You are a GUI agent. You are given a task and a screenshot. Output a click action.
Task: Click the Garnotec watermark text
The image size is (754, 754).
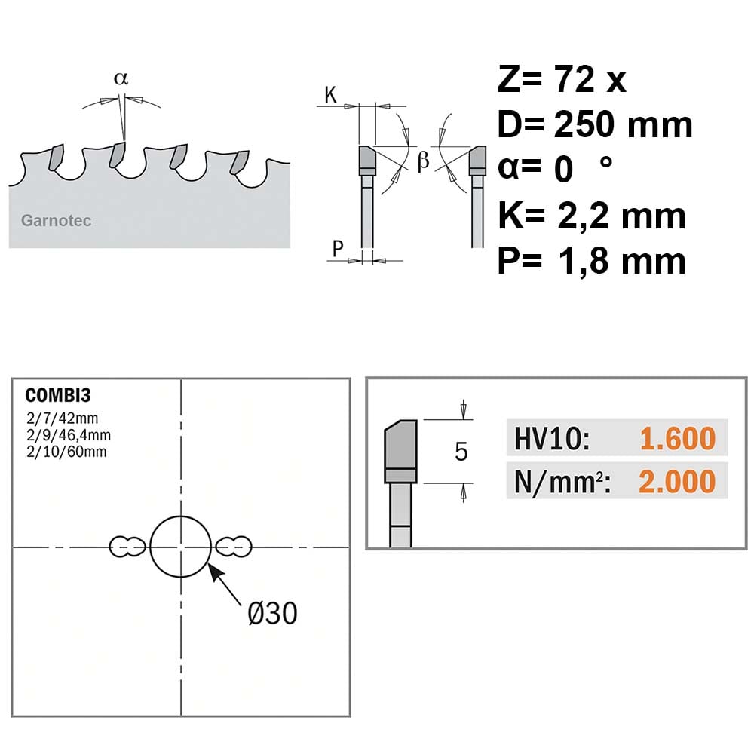[57, 221]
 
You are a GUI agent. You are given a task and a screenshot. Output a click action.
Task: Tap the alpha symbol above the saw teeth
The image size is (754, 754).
[121, 78]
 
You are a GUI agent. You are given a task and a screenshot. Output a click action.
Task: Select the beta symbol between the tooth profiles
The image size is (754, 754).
[423, 160]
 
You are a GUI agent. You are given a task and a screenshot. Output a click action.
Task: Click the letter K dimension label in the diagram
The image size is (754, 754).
[330, 95]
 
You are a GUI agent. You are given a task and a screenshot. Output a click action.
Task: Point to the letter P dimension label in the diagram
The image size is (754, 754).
[338, 248]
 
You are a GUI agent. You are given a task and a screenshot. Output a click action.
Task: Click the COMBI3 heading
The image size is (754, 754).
[58, 395]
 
